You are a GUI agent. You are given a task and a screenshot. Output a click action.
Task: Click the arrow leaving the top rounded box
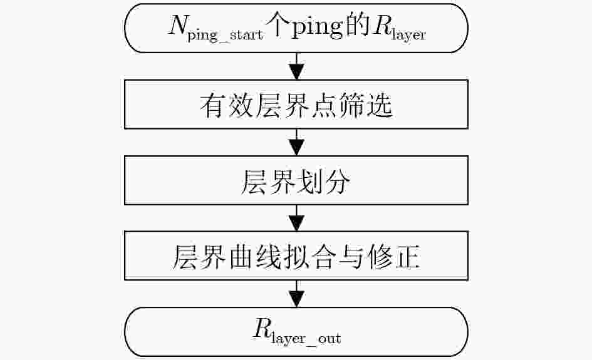click(296, 66)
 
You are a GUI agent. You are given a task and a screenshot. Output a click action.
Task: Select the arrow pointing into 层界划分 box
click(296, 142)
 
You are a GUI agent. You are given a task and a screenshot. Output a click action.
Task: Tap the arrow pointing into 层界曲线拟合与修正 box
click(296, 218)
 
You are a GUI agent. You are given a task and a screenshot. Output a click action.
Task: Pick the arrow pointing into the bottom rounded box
click(296, 294)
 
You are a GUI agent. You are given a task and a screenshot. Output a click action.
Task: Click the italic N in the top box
click(179, 25)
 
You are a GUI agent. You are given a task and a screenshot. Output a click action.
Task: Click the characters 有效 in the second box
click(226, 105)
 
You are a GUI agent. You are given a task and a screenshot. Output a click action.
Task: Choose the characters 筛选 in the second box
click(366, 105)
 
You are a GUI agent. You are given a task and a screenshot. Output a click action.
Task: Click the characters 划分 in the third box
click(323, 182)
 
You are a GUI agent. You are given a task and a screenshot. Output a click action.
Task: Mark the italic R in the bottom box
click(262, 327)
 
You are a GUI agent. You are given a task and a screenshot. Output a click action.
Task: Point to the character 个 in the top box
click(278, 26)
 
